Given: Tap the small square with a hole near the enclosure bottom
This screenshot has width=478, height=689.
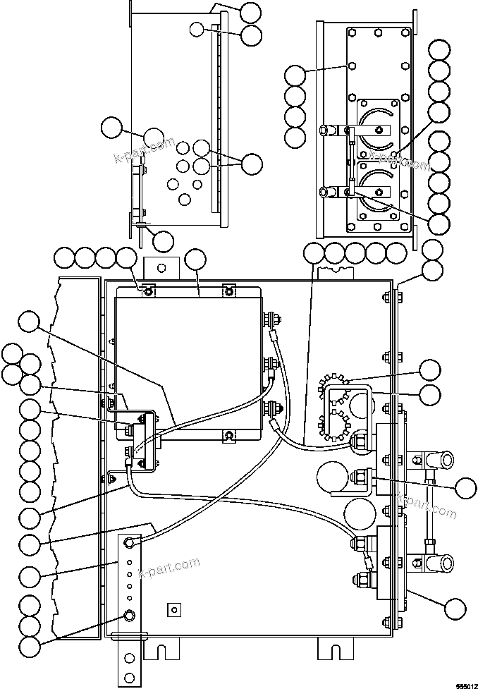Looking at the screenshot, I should point(173,608).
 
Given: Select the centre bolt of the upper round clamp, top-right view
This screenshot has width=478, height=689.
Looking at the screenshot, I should point(379,130).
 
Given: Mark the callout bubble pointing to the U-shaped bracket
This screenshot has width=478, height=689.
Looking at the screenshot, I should point(429,394).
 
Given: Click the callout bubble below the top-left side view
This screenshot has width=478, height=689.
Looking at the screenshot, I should point(163,240).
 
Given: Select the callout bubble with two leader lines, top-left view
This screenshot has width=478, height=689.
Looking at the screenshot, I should point(252,164).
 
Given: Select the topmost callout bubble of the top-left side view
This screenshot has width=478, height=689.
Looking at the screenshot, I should point(250,11).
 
